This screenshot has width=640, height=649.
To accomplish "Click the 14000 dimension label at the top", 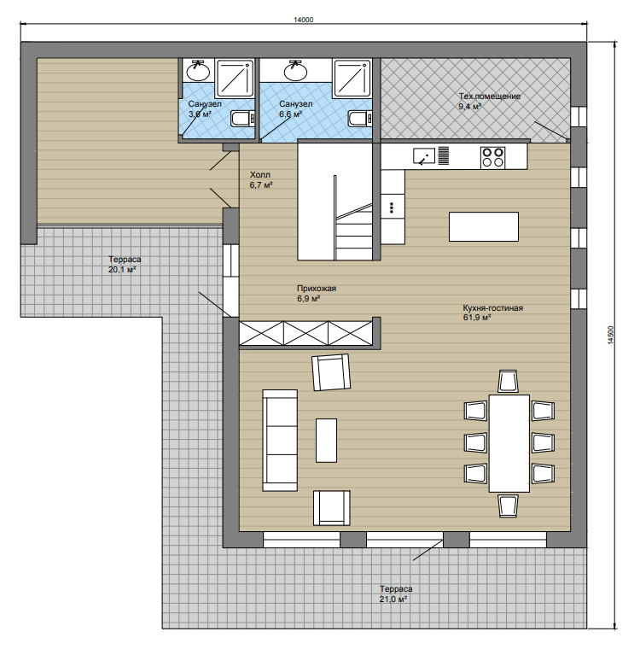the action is pyautogui.click(x=303, y=20).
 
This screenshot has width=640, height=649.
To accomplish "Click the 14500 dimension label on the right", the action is pyautogui.click(x=611, y=336).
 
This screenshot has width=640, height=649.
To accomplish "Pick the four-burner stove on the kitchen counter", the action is pyautogui.click(x=492, y=157).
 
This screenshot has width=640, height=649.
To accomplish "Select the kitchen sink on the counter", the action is pyautogui.click(x=424, y=156).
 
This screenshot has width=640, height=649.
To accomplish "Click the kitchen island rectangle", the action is pyautogui.click(x=484, y=226).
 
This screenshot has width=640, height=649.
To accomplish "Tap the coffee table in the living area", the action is pyautogui.click(x=326, y=441).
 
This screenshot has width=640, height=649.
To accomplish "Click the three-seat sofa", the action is pyautogui.click(x=280, y=440).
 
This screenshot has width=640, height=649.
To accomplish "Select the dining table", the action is pyautogui.click(x=509, y=443).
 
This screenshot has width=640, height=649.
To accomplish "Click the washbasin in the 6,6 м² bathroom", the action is pyautogui.click(x=295, y=70).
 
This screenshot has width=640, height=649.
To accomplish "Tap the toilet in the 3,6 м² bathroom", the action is pyautogui.click(x=243, y=119).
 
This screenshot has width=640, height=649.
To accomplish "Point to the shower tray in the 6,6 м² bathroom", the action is pyautogui.click(x=352, y=79).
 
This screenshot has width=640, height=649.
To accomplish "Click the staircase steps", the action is pyautogui.click(x=354, y=231).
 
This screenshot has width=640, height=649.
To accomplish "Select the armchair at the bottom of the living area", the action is pyautogui.click(x=332, y=508).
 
